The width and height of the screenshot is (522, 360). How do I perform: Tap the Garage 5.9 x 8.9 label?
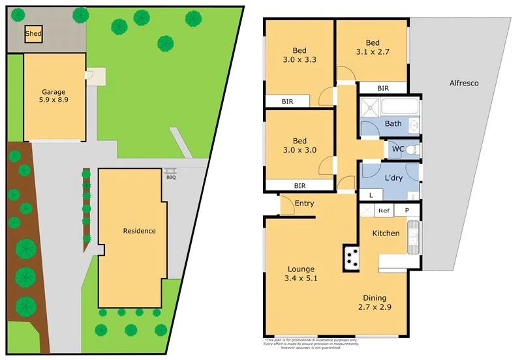54,97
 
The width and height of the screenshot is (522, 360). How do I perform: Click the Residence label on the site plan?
140,231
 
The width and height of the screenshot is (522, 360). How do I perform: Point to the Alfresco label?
464,83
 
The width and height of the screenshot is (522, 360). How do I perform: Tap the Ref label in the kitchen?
384,211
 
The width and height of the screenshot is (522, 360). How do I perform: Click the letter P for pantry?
407,211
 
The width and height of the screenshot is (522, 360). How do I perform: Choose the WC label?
397,149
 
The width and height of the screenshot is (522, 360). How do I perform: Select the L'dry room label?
392,179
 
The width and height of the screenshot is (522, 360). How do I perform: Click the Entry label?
304,203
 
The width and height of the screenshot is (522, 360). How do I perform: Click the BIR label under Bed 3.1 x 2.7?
383,88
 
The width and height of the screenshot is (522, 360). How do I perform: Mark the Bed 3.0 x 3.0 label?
299,145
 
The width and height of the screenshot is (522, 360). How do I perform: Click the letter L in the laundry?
371,194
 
